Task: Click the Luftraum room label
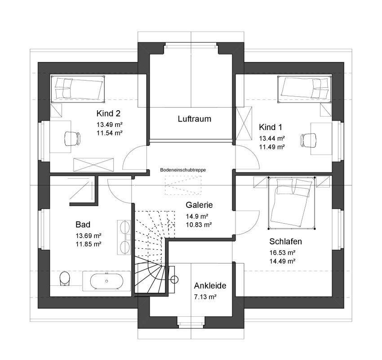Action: pos(194,119)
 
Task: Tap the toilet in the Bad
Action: pos(65,278)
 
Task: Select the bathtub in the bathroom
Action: pos(107,281)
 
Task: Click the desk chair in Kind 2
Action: pos(72,138)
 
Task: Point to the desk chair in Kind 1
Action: pos(308,140)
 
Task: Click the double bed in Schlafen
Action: pos(291,202)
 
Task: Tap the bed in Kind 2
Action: pos(78,89)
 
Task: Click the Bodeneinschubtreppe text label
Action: pos(183,170)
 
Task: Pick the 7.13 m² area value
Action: pos(205,297)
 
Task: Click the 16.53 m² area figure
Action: pos(282,252)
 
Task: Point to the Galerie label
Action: pos(199,205)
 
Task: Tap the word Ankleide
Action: pos(210,286)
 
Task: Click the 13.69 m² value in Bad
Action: pos(89,236)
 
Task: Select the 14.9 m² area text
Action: pos(197,216)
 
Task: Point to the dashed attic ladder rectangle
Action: pos(183,185)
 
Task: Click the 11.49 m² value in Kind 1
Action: pos(271,147)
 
